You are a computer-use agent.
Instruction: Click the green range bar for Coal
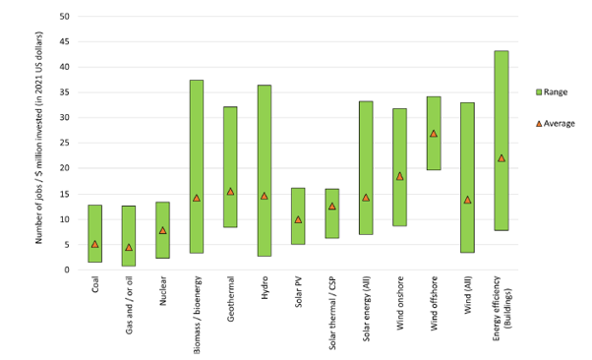(94, 233)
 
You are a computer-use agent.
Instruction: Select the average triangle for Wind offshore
(434, 134)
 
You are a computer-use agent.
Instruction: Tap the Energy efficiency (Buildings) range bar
(502, 141)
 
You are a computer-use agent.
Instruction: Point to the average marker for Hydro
(265, 196)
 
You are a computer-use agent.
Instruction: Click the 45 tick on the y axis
(64, 41)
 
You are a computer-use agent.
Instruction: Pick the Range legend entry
(552, 91)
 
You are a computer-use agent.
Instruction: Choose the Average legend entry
(556, 124)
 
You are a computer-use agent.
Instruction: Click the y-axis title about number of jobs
(39, 138)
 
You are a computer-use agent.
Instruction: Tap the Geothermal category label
(231, 299)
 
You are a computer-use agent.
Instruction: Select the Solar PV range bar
(298, 216)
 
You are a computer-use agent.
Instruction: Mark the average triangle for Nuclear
(162, 230)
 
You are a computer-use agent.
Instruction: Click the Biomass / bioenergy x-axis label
(197, 315)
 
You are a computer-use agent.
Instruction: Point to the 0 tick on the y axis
(67, 270)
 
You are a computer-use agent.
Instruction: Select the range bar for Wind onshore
(400, 167)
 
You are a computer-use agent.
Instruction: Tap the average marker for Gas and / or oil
(129, 247)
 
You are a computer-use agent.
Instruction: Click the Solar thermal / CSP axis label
(332, 313)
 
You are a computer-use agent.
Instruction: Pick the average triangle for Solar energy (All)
(366, 198)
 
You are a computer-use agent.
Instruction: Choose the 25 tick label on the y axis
(64, 143)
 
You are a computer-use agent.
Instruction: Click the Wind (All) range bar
(467, 178)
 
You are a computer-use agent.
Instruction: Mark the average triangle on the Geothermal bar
(230, 192)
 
